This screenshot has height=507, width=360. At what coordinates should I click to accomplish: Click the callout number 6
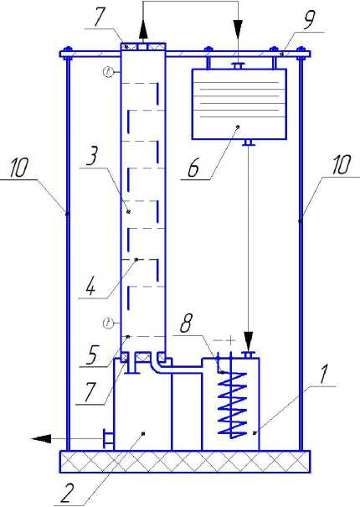pyautogui.click(x=194, y=168)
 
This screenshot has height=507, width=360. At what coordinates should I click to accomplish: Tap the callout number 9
pyautogui.click(x=309, y=20)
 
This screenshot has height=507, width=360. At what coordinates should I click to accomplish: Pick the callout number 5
pyautogui.click(x=92, y=354)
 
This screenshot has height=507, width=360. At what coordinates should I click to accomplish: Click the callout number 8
pyautogui.click(x=186, y=323)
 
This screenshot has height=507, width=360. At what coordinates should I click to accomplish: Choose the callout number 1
pyautogui.click(x=324, y=375)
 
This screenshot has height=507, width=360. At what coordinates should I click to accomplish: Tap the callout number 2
pyautogui.click(x=68, y=494)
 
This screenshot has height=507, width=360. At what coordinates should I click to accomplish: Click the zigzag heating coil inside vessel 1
pyautogui.click(x=233, y=405)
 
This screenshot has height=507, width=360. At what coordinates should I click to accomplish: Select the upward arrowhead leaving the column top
pyautogui.click(x=143, y=32)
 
